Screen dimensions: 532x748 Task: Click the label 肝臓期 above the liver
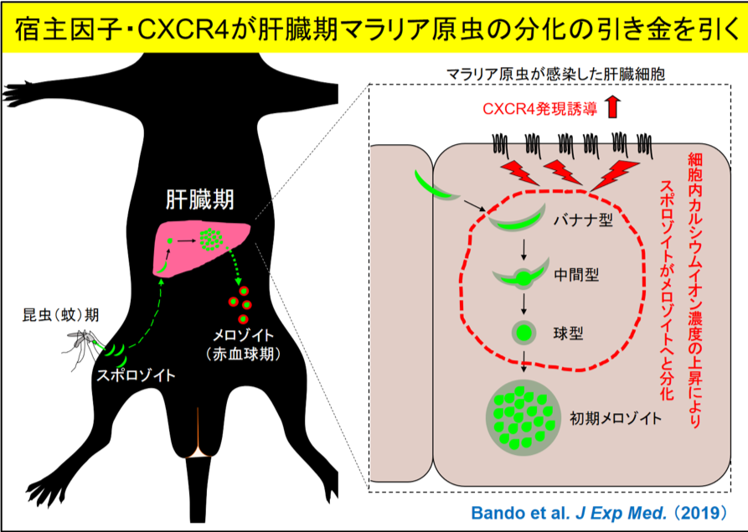[x=199, y=199]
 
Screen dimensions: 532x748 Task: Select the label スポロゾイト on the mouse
[x=136, y=375]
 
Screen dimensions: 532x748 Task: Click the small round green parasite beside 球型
[x=524, y=333]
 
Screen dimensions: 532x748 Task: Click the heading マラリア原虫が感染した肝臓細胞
[x=555, y=74]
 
